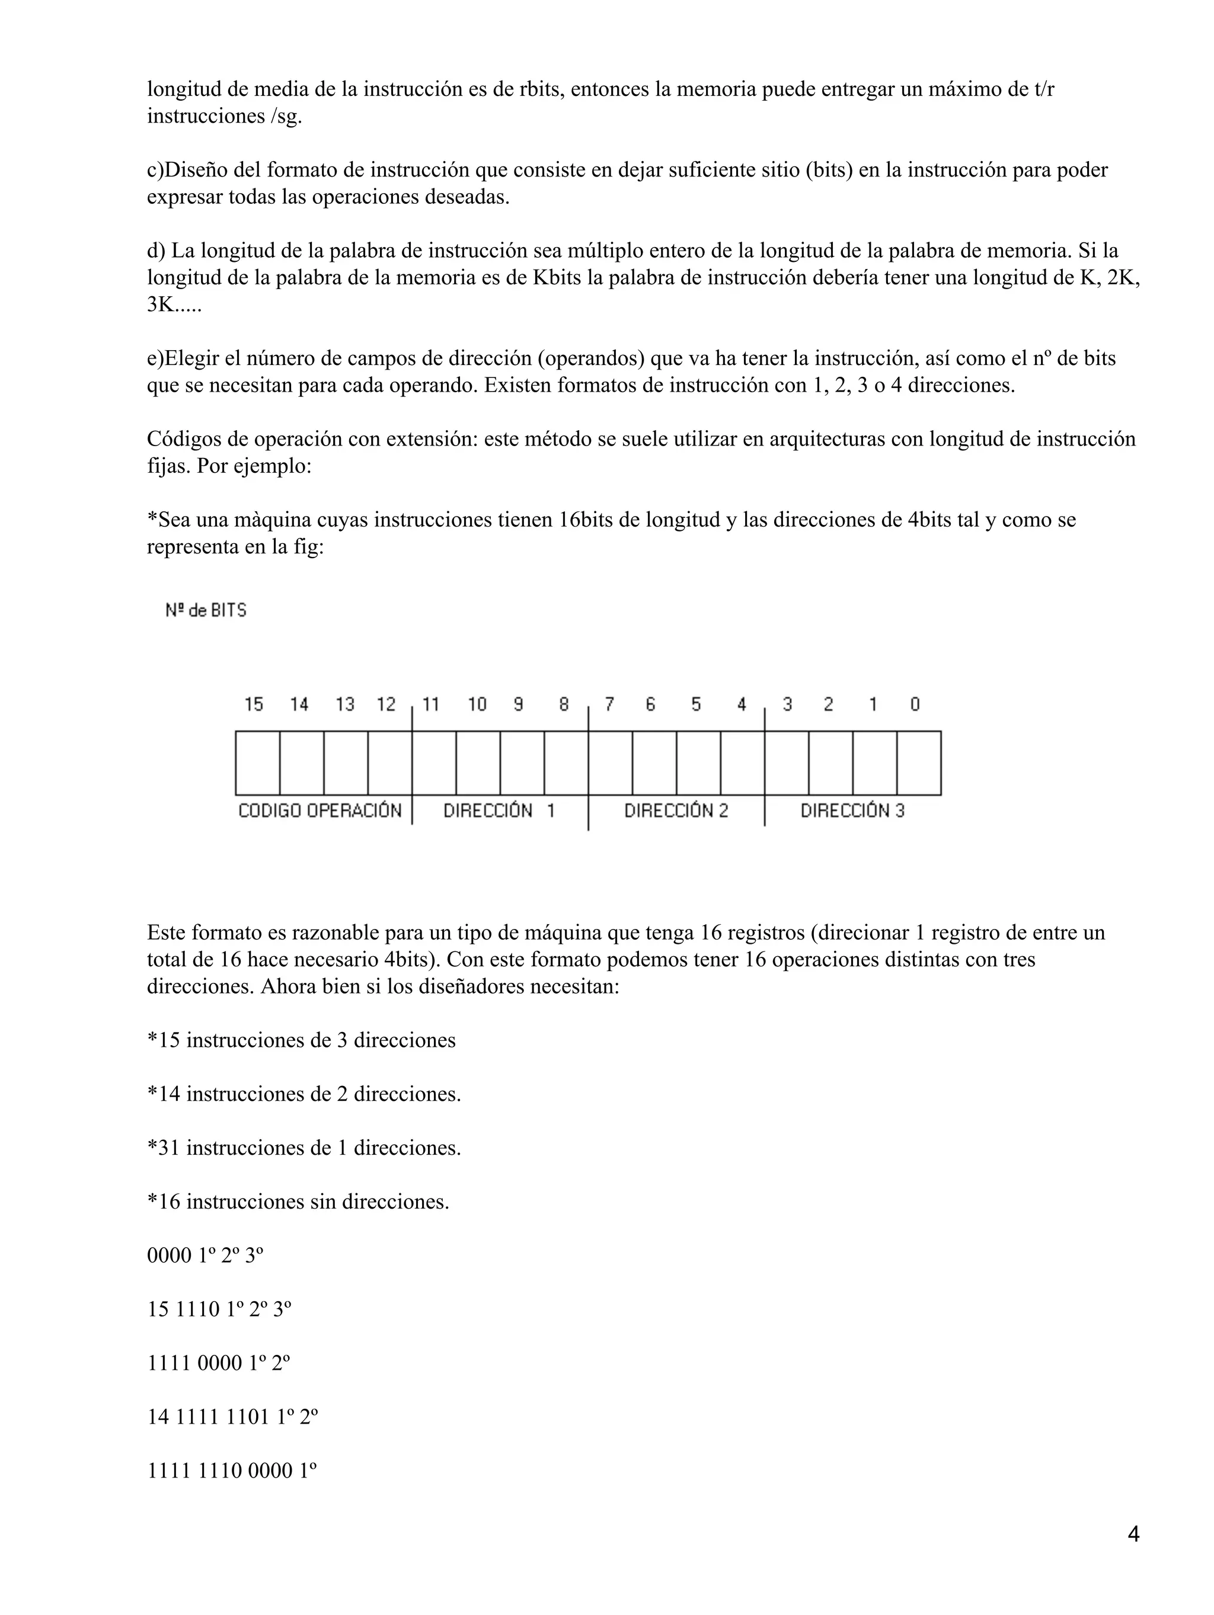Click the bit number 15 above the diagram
click(254, 704)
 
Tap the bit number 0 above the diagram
click(915, 704)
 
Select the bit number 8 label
click(564, 704)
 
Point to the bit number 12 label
click(386, 704)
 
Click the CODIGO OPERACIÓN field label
click(320, 810)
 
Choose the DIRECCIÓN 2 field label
click(676, 810)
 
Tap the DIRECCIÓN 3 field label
click(852, 810)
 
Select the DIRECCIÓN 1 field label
click(499, 810)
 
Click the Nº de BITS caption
click(206, 610)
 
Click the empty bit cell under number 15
click(257, 763)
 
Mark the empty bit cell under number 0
click(918, 763)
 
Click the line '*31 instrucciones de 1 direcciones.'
click(304, 1148)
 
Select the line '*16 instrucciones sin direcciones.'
click(298, 1201)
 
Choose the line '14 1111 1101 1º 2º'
click(232, 1417)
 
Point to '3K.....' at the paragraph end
click(174, 305)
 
